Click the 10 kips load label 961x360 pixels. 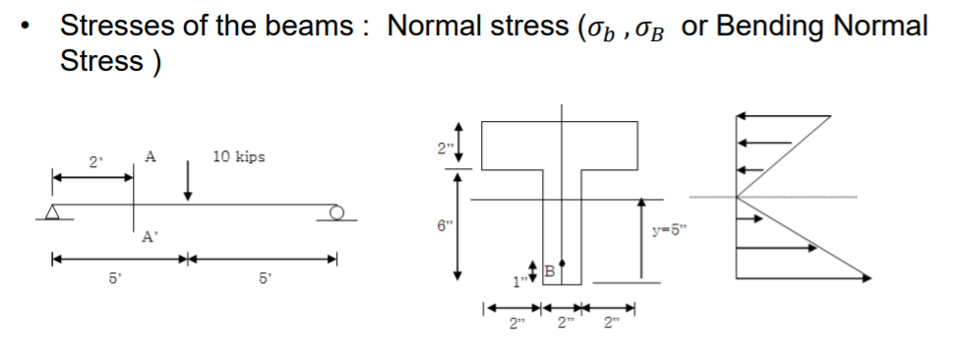238,157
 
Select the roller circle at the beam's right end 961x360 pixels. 336,210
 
